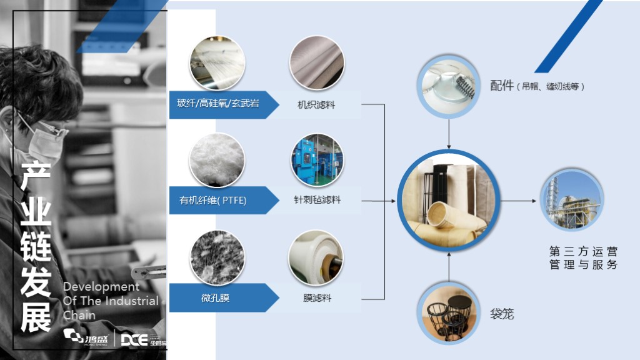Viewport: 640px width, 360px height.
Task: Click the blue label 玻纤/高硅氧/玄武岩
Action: coord(214,104)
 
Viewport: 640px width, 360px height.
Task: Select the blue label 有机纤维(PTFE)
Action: coord(213,201)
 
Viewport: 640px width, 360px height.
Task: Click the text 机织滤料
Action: coord(316,105)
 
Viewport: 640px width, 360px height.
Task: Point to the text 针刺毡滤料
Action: coord(317,201)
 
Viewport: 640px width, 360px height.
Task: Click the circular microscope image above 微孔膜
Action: coord(217,256)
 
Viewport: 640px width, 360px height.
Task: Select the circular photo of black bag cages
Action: coord(449,313)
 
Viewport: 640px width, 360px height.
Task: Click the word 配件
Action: coord(502,86)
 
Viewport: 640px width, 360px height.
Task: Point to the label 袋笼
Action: coord(502,314)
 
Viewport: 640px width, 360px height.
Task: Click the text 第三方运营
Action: coord(583,251)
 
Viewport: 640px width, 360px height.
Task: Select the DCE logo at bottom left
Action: coord(134,339)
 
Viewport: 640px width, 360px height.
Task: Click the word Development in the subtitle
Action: coord(101,287)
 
